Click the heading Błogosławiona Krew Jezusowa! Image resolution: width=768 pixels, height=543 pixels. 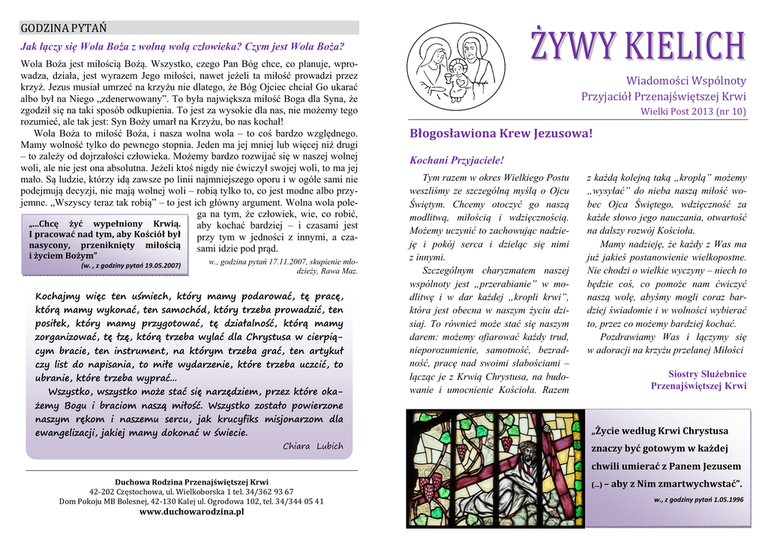[501, 133]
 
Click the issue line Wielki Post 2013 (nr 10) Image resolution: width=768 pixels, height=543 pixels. [693, 112]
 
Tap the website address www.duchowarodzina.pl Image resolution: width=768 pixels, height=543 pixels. [192, 511]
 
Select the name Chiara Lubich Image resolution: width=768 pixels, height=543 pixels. [313, 446]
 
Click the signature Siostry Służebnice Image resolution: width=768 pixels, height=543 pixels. [707, 373]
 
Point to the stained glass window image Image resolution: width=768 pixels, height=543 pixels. [493, 468]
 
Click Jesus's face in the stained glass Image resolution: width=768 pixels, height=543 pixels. [527, 454]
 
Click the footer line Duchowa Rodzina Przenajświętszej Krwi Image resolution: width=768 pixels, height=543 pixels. [192, 481]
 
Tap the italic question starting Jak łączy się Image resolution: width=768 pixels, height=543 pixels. [182, 46]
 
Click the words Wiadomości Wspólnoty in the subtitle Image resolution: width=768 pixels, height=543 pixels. [686, 81]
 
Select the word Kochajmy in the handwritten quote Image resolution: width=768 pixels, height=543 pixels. [61, 295]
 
